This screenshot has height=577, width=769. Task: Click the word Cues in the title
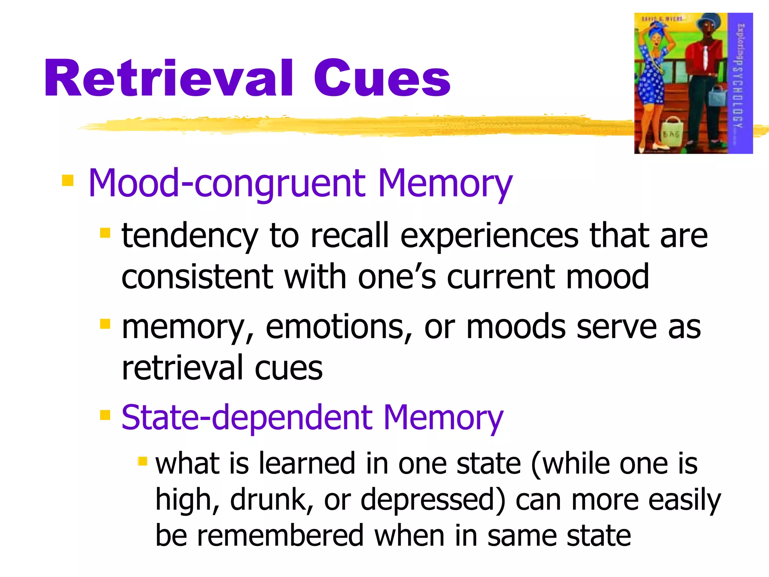click(382, 79)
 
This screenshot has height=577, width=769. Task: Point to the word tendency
click(190, 236)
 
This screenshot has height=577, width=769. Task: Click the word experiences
click(489, 236)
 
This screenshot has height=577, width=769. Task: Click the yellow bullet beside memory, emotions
click(105, 323)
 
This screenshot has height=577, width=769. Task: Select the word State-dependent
click(247, 418)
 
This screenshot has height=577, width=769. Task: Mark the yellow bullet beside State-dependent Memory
click(105, 415)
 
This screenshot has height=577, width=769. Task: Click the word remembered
click(280, 536)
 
